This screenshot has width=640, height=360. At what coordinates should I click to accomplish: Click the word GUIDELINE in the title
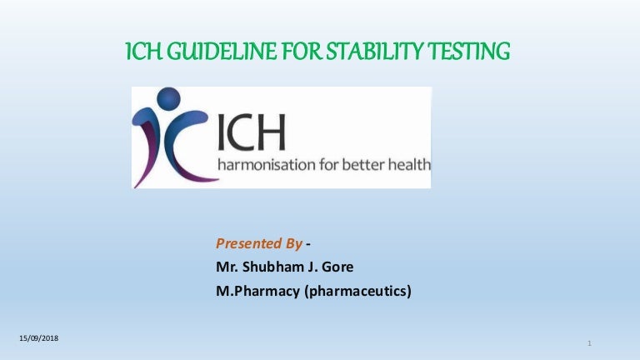click(x=209, y=54)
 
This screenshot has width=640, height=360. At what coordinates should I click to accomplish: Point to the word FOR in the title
click(x=292, y=54)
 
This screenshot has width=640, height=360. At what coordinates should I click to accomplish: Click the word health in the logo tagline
click(x=409, y=164)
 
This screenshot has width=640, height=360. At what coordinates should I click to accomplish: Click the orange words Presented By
click(x=258, y=244)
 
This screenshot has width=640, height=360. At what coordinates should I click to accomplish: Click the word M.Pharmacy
click(x=252, y=291)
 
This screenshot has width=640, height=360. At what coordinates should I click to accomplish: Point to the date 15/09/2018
click(x=41, y=337)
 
